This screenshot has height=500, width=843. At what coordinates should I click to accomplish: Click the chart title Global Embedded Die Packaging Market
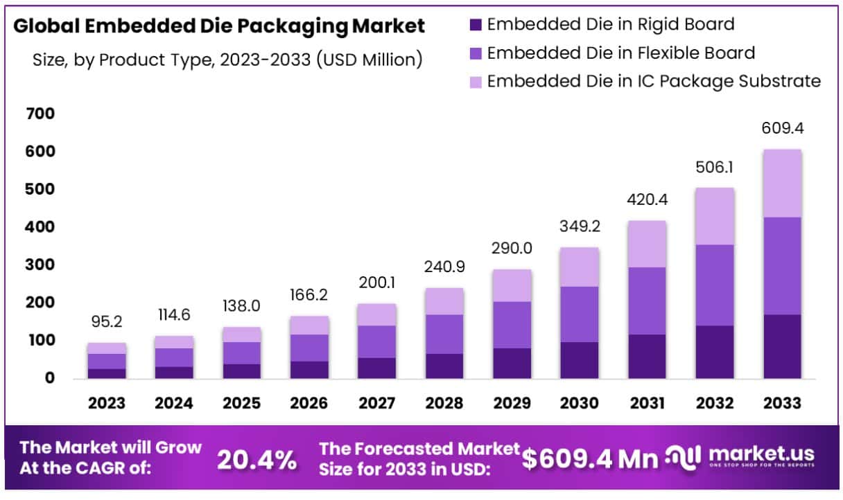point(219,26)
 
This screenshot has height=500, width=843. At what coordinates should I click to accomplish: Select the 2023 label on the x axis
point(107,402)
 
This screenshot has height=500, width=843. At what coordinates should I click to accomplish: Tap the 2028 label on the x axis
point(444,402)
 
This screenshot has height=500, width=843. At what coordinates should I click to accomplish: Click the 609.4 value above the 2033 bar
point(783,128)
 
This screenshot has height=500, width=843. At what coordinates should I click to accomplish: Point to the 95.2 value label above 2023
point(107,322)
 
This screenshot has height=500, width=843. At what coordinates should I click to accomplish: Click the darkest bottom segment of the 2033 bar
point(783,346)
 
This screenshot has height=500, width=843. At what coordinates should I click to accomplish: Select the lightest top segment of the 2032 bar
point(715,216)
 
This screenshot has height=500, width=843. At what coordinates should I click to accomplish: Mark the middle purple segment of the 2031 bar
point(648,301)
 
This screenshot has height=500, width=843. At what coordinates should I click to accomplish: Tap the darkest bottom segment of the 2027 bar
point(377,368)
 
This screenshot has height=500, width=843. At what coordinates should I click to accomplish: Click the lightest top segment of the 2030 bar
point(580,267)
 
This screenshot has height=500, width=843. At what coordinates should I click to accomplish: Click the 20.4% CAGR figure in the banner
point(257,459)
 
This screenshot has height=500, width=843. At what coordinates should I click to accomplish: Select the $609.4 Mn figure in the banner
point(590,458)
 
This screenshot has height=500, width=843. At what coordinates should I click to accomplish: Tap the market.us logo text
point(761,455)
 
